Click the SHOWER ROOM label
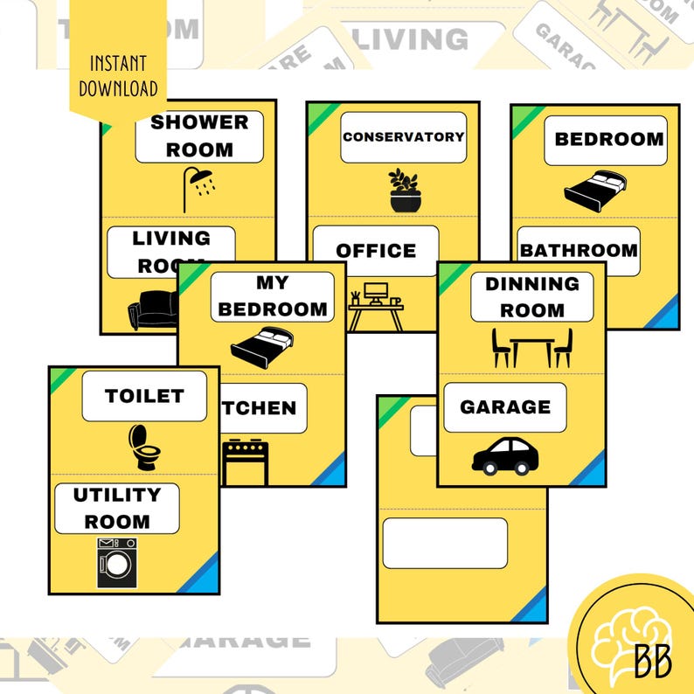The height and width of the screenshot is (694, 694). tap(199, 136)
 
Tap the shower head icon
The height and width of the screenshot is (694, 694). tap(199, 187)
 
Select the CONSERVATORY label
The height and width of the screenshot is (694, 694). tap(403, 137)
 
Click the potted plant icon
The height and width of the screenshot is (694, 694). tap(404, 191)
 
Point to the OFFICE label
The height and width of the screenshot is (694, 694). tap(376, 251)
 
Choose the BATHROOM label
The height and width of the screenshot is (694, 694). tap(578, 251)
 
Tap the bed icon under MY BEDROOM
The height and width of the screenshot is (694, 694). tap(261, 346)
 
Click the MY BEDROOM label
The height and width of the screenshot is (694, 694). tap(272, 296)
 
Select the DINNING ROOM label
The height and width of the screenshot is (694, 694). tap(531, 297)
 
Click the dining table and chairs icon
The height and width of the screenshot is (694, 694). tap(531, 347)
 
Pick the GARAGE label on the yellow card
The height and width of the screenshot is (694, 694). tap(504, 407)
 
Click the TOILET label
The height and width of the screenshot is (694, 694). tap(144, 396)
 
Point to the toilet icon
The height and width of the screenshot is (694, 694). tap(144, 447)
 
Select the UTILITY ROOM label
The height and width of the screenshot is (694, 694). tap(116, 508)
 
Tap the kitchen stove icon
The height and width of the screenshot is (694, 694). tap(245, 462)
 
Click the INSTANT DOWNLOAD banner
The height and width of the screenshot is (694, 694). tap(118, 77)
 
